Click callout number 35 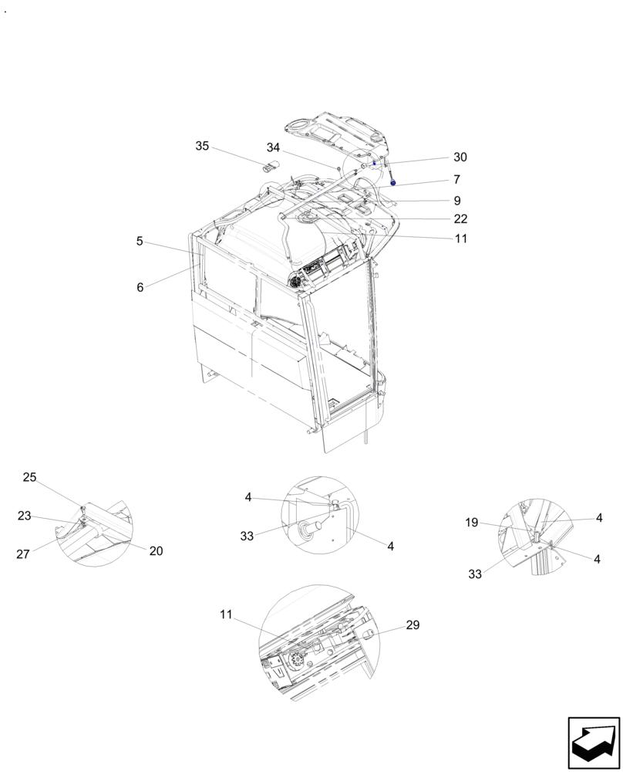click(202, 146)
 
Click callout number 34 click(273, 147)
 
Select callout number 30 click(460, 157)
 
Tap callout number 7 click(457, 179)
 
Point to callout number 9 click(457, 200)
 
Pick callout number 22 click(460, 219)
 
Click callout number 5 click(140, 241)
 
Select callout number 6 click(140, 286)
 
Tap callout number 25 click(29, 477)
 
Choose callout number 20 click(156, 550)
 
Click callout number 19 click(472, 523)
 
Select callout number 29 click(413, 625)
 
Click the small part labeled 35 click(270, 165)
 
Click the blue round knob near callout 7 click(394, 184)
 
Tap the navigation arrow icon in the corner click(593, 742)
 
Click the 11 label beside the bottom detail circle click(225, 615)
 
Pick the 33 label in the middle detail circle click(247, 536)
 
